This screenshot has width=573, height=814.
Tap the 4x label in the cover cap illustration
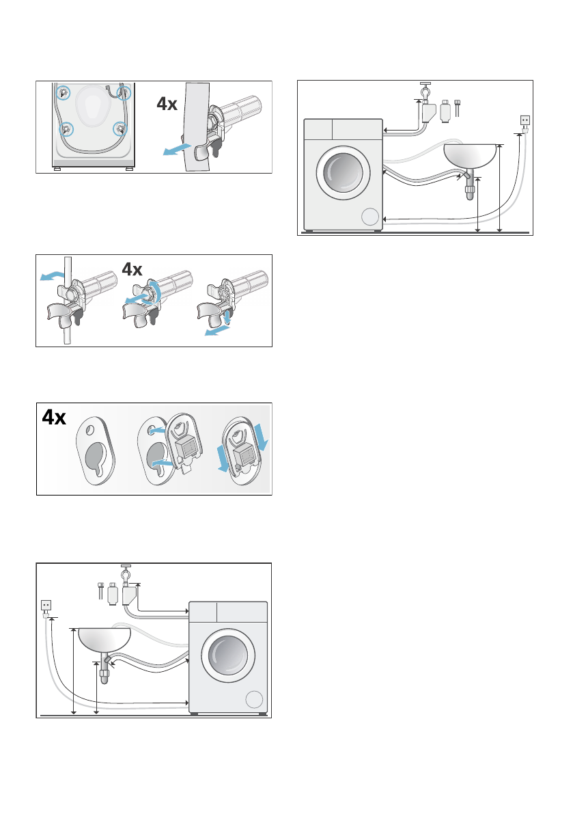pos(52,417)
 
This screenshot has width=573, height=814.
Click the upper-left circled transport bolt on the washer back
pos(63,93)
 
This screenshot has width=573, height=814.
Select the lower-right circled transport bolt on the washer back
pos(121,128)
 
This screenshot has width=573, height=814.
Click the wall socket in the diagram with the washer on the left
pos(525,120)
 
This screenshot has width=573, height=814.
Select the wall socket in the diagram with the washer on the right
pos(46,605)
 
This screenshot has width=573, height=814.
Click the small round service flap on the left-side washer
pos(369,217)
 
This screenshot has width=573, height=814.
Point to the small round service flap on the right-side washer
pos(254,699)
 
